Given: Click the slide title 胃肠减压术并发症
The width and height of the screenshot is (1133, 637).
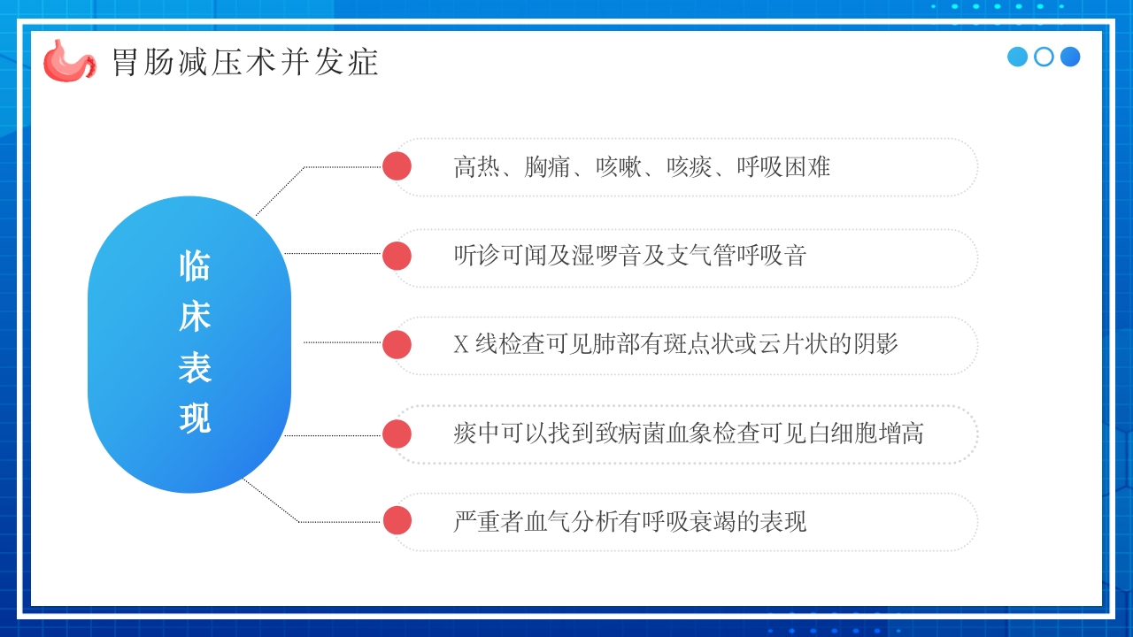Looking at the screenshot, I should [x=245, y=62].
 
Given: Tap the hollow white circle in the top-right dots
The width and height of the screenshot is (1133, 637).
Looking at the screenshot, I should [x=1044, y=57].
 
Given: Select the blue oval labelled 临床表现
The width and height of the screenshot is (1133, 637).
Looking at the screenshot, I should [x=189, y=344].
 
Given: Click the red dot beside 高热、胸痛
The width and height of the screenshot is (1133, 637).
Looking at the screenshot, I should [x=397, y=166].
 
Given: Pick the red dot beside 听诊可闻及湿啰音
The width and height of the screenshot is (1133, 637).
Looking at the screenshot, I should [x=397, y=256].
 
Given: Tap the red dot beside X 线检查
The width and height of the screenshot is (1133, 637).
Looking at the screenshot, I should [x=397, y=344].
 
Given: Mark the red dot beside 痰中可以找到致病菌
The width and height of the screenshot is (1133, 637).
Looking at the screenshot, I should [x=397, y=434].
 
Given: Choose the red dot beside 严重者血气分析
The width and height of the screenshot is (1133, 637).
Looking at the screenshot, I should [x=397, y=521].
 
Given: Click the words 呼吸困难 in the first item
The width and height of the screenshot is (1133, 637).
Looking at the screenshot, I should [x=783, y=166].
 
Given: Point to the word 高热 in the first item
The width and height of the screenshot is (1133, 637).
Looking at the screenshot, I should [x=476, y=166].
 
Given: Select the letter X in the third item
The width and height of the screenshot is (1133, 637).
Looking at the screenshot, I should [x=460, y=344].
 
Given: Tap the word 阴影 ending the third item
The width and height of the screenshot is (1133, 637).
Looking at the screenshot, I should [x=876, y=344].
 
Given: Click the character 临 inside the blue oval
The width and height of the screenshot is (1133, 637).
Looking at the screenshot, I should [x=194, y=265].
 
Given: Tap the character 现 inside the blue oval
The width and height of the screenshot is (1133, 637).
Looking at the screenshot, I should [x=194, y=418].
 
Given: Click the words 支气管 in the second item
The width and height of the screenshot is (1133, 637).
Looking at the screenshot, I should [x=700, y=256].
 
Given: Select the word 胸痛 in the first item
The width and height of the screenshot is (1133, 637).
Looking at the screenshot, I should [x=547, y=166].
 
